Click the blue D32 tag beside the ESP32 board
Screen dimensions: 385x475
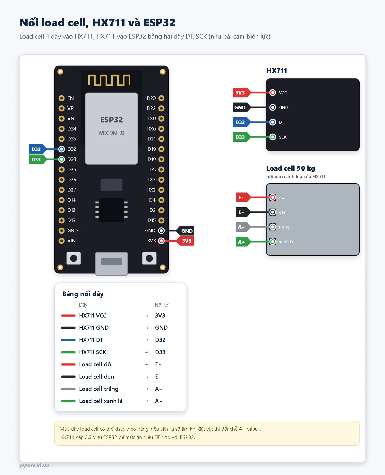pos(37,149)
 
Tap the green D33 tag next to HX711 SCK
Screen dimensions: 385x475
pos(241,137)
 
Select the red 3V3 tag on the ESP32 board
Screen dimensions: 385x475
pos(185,241)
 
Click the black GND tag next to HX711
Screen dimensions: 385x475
pos(241,107)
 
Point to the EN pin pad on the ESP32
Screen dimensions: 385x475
pos(61,98)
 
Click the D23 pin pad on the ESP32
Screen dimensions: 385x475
pos(161,98)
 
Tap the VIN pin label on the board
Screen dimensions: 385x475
pos(72,241)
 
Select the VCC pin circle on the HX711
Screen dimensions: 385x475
pos(273,93)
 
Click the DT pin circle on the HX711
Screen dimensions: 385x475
pos(273,122)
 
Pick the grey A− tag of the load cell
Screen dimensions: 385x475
pos(243,227)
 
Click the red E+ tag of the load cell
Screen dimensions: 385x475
pos(243,197)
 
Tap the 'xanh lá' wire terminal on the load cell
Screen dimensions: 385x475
pos(273,242)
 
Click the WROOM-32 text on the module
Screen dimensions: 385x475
pos(111,133)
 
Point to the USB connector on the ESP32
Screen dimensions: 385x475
pos(112,264)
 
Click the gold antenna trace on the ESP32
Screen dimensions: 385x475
pos(109,80)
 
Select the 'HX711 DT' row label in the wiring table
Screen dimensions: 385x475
pos(91,340)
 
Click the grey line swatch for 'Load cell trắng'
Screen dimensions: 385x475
pos(68,389)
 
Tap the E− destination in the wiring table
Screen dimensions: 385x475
pos(158,377)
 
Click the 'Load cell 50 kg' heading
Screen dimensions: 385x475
pos(291,168)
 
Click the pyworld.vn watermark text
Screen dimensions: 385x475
pos(35,465)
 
